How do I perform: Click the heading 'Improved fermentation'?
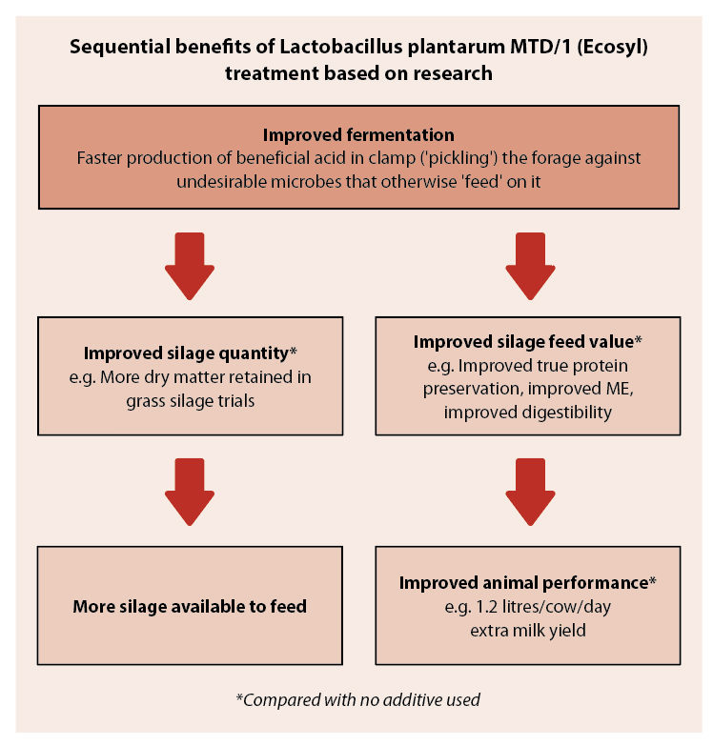[358, 134]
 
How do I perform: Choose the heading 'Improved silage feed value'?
[528, 341]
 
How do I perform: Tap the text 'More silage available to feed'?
[190, 606]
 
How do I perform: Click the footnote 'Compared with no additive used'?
[358, 700]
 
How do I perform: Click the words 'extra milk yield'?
[528, 629]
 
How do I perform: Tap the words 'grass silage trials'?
[190, 400]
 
